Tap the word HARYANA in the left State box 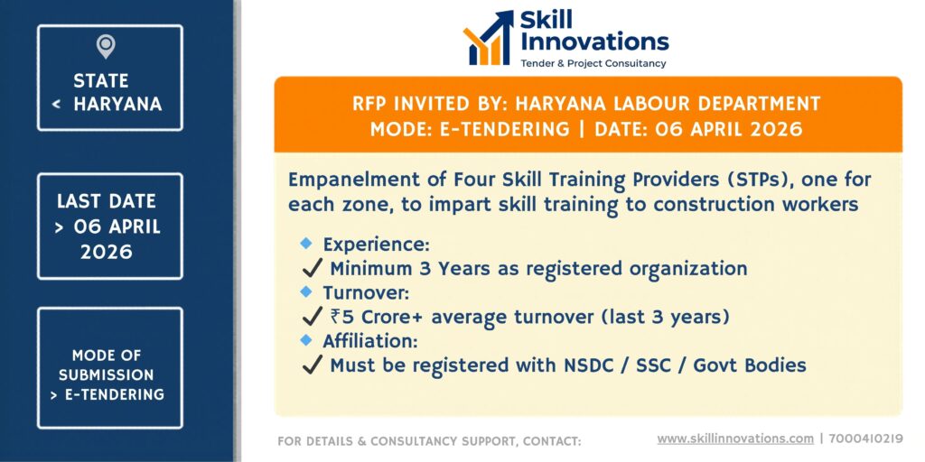point(117,104)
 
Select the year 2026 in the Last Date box point(107,253)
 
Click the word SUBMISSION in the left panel point(107,374)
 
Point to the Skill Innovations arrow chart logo point(489,38)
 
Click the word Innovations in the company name point(594,42)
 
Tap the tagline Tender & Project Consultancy point(593,63)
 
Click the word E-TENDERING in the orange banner point(505,129)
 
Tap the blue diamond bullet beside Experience point(305,243)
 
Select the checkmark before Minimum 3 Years point(312,269)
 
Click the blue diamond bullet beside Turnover point(305,291)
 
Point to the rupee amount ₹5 point(342,317)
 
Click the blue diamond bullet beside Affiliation point(305,339)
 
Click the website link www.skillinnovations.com point(735,439)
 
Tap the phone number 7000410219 point(866,439)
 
